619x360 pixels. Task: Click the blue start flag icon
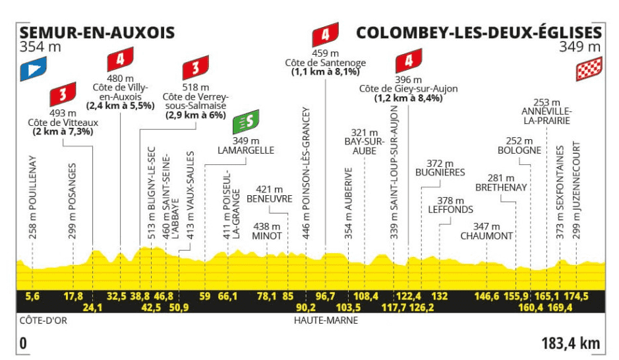pos(33,69)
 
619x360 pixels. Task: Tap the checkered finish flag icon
pos(589,69)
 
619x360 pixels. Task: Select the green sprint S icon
pos(246,121)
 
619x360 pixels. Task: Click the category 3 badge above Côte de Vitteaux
pos(63,94)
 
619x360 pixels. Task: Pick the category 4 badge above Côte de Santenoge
pos(325,35)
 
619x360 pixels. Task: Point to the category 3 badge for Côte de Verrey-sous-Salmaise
pos(195,67)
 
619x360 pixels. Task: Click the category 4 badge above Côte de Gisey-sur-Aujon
pos(409,61)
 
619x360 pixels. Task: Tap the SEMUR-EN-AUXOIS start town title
pos(97,33)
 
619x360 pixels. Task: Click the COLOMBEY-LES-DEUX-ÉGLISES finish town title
pos(479,32)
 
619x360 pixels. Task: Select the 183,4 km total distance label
pos(571,343)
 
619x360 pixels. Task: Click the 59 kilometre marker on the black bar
pos(205,296)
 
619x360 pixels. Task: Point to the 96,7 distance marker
pos(325,296)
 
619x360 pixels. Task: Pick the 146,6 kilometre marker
pos(486,296)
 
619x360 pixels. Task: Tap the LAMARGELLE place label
pos(246,150)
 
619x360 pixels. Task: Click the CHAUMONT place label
pos(486,236)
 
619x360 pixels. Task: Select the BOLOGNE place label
pos(519,150)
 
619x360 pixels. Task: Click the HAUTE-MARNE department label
pos(326,320)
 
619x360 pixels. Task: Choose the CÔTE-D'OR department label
pos(44,320)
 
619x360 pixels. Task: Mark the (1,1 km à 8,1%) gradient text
pos(326,72)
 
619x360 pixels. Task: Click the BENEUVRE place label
pos(270,199)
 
